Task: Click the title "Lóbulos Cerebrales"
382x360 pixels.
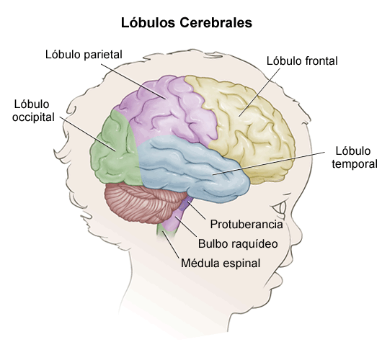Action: [x=187, y=23]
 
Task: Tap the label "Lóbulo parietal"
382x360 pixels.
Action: [x=84, y=55]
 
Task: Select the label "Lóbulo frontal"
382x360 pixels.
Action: [x=302, y=61]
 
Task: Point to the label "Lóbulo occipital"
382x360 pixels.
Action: [x=33, y=111]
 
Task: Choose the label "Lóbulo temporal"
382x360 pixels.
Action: [x=355, y=158]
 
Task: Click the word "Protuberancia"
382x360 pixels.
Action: [x=246, y=224]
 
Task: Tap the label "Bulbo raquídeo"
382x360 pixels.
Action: [x=238, y=243]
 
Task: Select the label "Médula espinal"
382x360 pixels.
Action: [x=221, y=264]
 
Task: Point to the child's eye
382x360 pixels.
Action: [x=280, y=208]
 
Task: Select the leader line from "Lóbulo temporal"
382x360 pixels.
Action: [x=269, y=163]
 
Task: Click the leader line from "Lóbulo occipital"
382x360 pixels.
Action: [x=87, y=134]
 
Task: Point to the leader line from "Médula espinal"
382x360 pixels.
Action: [x=171, y=244]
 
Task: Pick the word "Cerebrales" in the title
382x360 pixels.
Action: [x=216, y=23]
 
